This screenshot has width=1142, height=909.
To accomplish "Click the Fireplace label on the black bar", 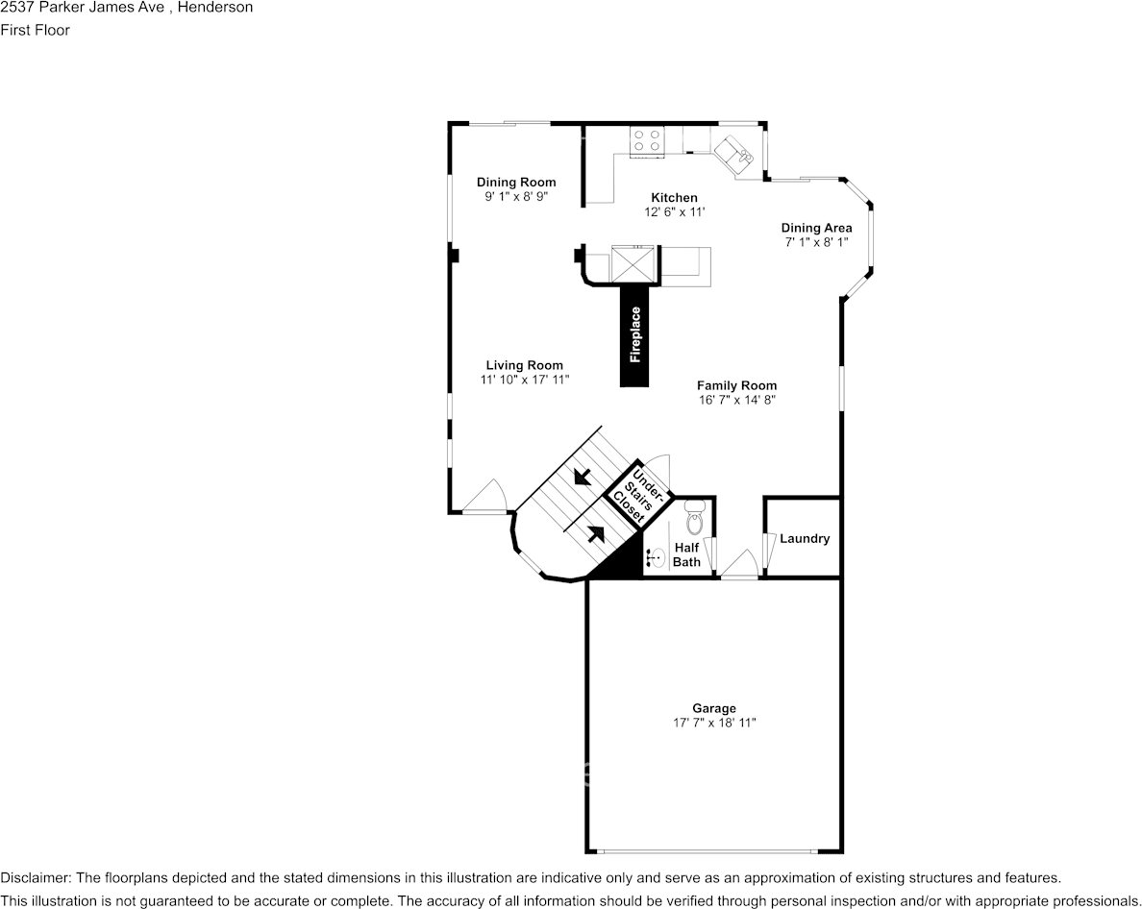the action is [635, 334].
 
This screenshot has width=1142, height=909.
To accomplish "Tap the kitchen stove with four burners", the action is [647, 140].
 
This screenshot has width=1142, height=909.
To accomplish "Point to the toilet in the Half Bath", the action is [695, 518].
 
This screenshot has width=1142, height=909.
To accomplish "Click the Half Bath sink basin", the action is [657, 558].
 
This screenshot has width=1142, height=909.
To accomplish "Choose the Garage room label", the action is [713, 708].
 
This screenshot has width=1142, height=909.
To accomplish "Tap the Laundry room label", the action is [805, 538].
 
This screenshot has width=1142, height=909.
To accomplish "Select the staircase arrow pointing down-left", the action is [582, 477].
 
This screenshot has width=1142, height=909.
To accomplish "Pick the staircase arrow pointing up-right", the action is [597, 534].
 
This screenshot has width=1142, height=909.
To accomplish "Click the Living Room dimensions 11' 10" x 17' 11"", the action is [525, 380].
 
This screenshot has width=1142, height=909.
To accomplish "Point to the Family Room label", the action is [737, 385].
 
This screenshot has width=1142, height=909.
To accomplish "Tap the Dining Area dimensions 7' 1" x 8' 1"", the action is [816, 242].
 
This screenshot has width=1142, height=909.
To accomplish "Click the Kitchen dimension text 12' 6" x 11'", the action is [675, 211].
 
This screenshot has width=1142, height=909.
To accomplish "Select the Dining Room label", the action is [516, 182].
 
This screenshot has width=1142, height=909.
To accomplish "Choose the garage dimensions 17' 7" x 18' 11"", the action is [714, 723].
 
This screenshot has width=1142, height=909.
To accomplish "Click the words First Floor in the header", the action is [35, 30].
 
